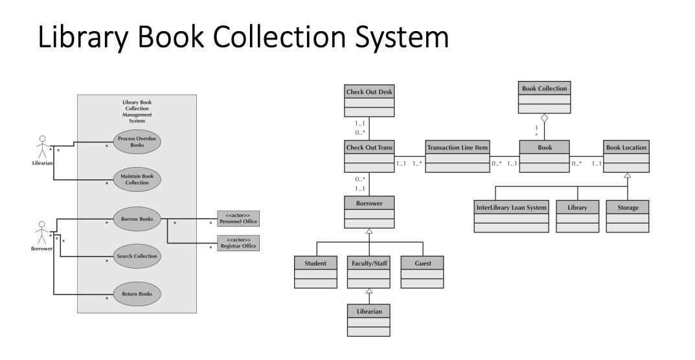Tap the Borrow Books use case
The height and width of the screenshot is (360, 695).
pos(137,219)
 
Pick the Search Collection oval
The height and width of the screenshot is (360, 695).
pos(137,256)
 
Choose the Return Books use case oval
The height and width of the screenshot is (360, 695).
pos(137,294)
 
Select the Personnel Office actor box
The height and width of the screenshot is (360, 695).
pos(238,218)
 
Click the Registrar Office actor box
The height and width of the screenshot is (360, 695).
pos(238,243)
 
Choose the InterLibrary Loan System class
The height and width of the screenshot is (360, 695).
pos(511,216)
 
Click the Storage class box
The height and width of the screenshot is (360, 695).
pos(628,216)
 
